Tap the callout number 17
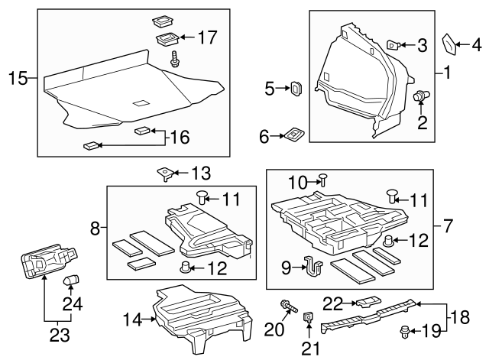click(207, 37)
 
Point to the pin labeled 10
click(324, 180)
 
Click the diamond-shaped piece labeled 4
click(451, 45)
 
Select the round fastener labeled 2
click(419, 96)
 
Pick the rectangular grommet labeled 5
click(294, 89)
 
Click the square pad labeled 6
click(293, 135)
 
